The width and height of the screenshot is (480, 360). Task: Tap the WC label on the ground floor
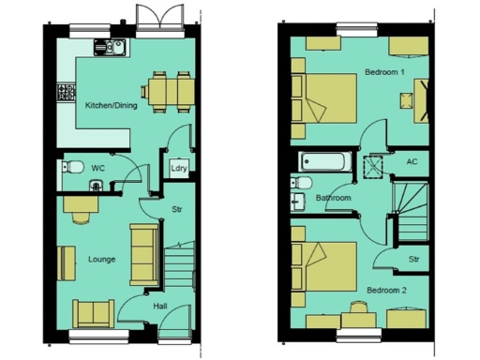coord(97,169)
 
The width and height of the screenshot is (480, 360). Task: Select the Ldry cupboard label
coord(178,169)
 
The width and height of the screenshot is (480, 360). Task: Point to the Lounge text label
coord(101,259)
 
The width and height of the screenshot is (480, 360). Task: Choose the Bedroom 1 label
coord(384,72)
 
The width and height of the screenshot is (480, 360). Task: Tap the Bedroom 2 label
coord(386,290)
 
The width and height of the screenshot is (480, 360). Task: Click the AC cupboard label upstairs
coord(412,161)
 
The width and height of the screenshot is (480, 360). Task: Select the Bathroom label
coord(333,199)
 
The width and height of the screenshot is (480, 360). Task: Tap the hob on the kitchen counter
coord(67,93)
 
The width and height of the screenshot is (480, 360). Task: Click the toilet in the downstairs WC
coord(68,169)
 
